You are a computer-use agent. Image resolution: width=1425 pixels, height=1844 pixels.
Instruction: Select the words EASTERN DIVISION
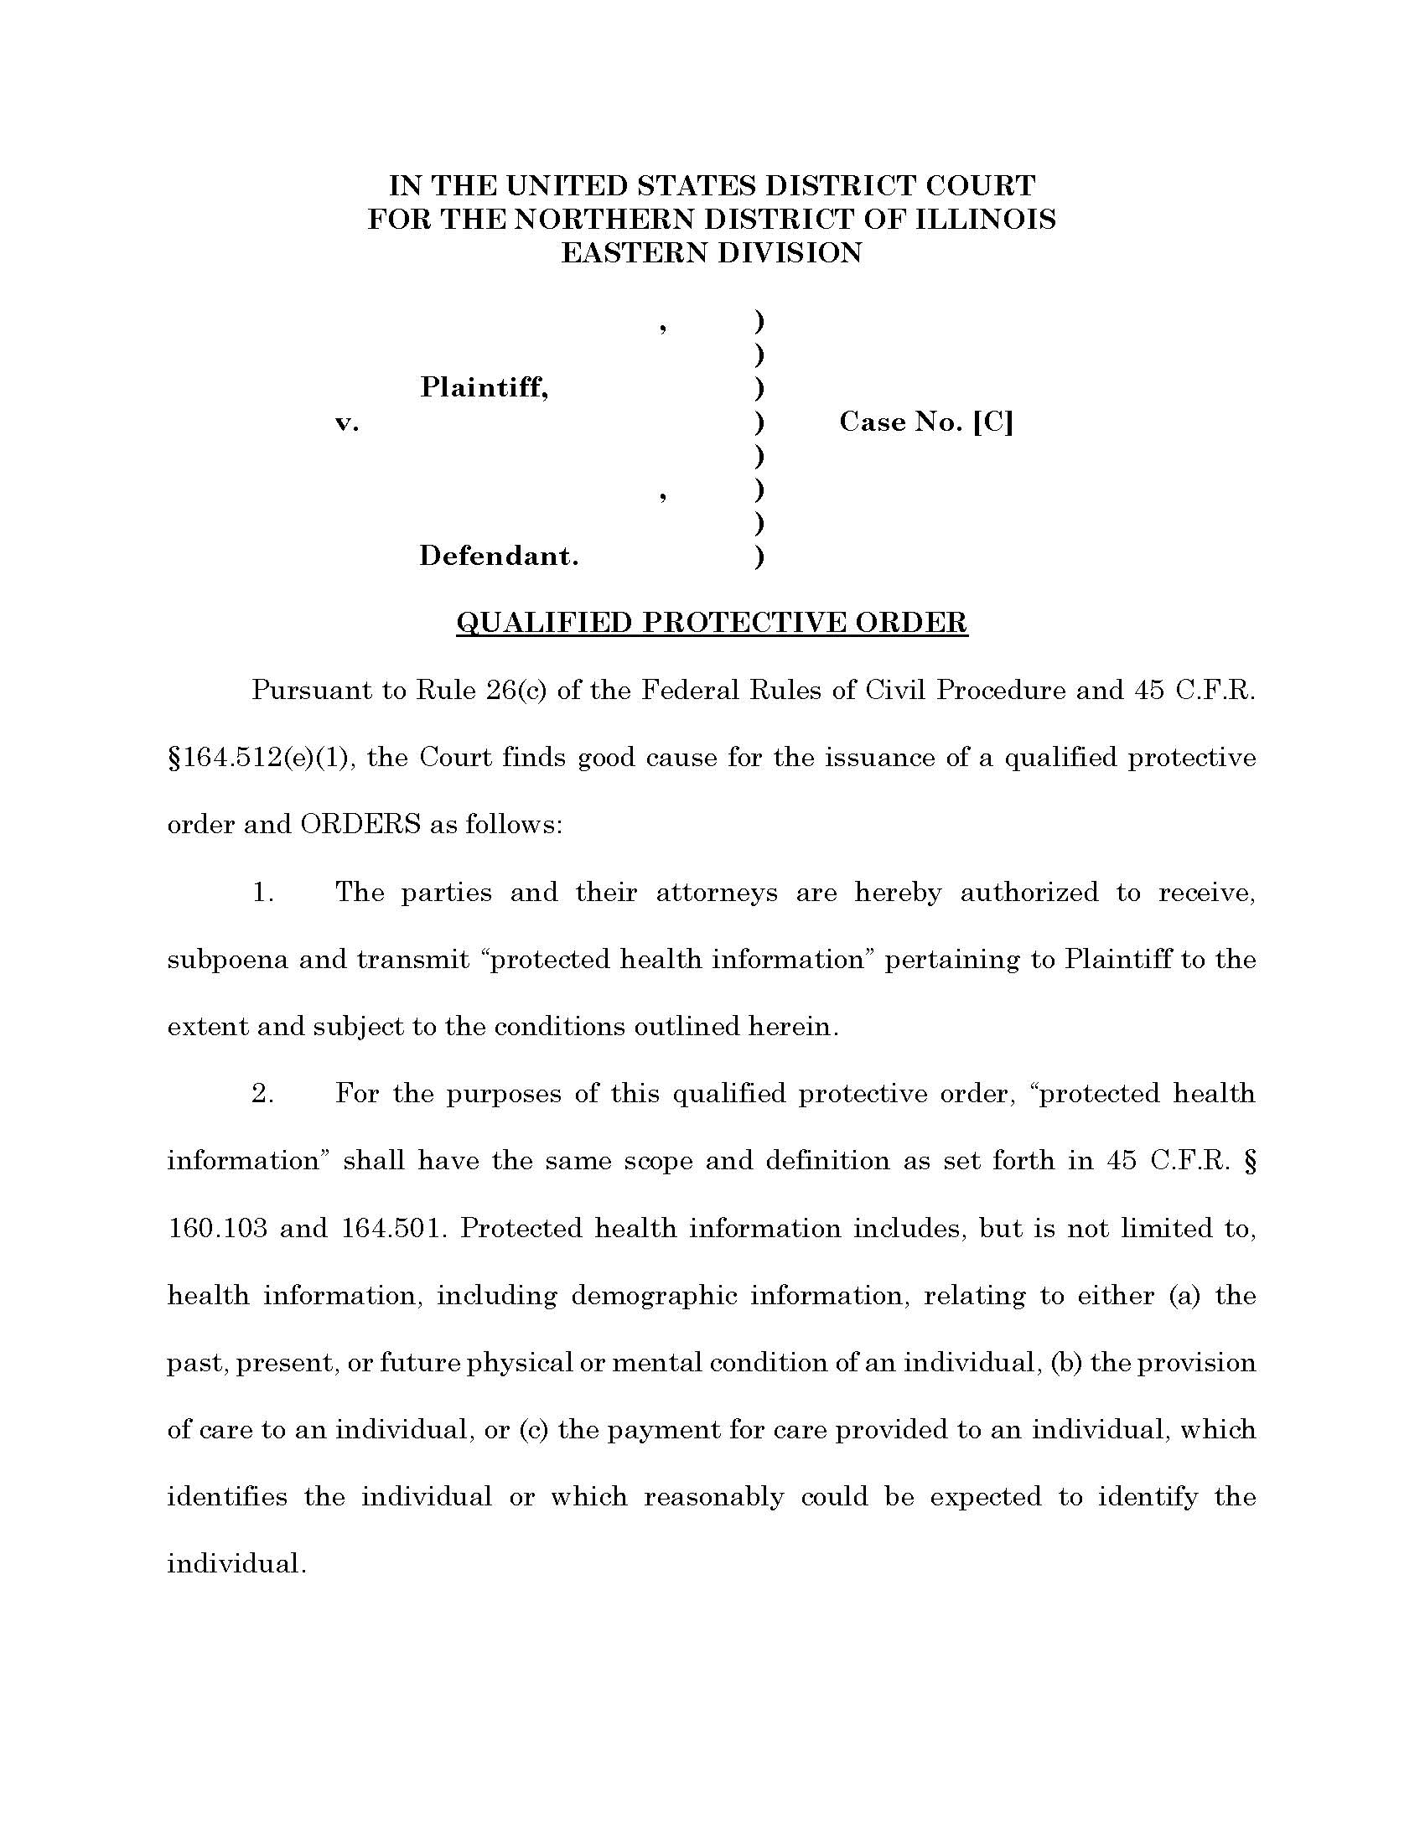click(x=712, y=253)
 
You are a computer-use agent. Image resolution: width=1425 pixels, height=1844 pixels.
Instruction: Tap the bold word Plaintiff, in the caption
click(x=484, y=387)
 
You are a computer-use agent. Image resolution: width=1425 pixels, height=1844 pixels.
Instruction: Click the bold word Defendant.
click(x=499, y=557)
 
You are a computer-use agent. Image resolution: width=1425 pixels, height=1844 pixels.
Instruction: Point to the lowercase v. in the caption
click(x=347, y=422)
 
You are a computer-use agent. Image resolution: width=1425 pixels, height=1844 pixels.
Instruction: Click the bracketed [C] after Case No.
click(x=992, y=422)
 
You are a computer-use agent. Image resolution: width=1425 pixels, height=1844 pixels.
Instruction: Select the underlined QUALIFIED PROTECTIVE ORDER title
click(x=712, y=623)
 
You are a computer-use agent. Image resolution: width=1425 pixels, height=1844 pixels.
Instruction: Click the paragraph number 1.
click(x=262, y=893)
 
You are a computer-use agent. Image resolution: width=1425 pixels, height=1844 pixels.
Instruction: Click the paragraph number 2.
click(x=262, y=1094)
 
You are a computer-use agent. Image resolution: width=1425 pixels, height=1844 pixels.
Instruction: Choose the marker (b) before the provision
click(x=1066, y=1363)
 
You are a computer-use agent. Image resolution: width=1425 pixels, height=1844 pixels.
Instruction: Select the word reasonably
click(x=713, y=1497)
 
